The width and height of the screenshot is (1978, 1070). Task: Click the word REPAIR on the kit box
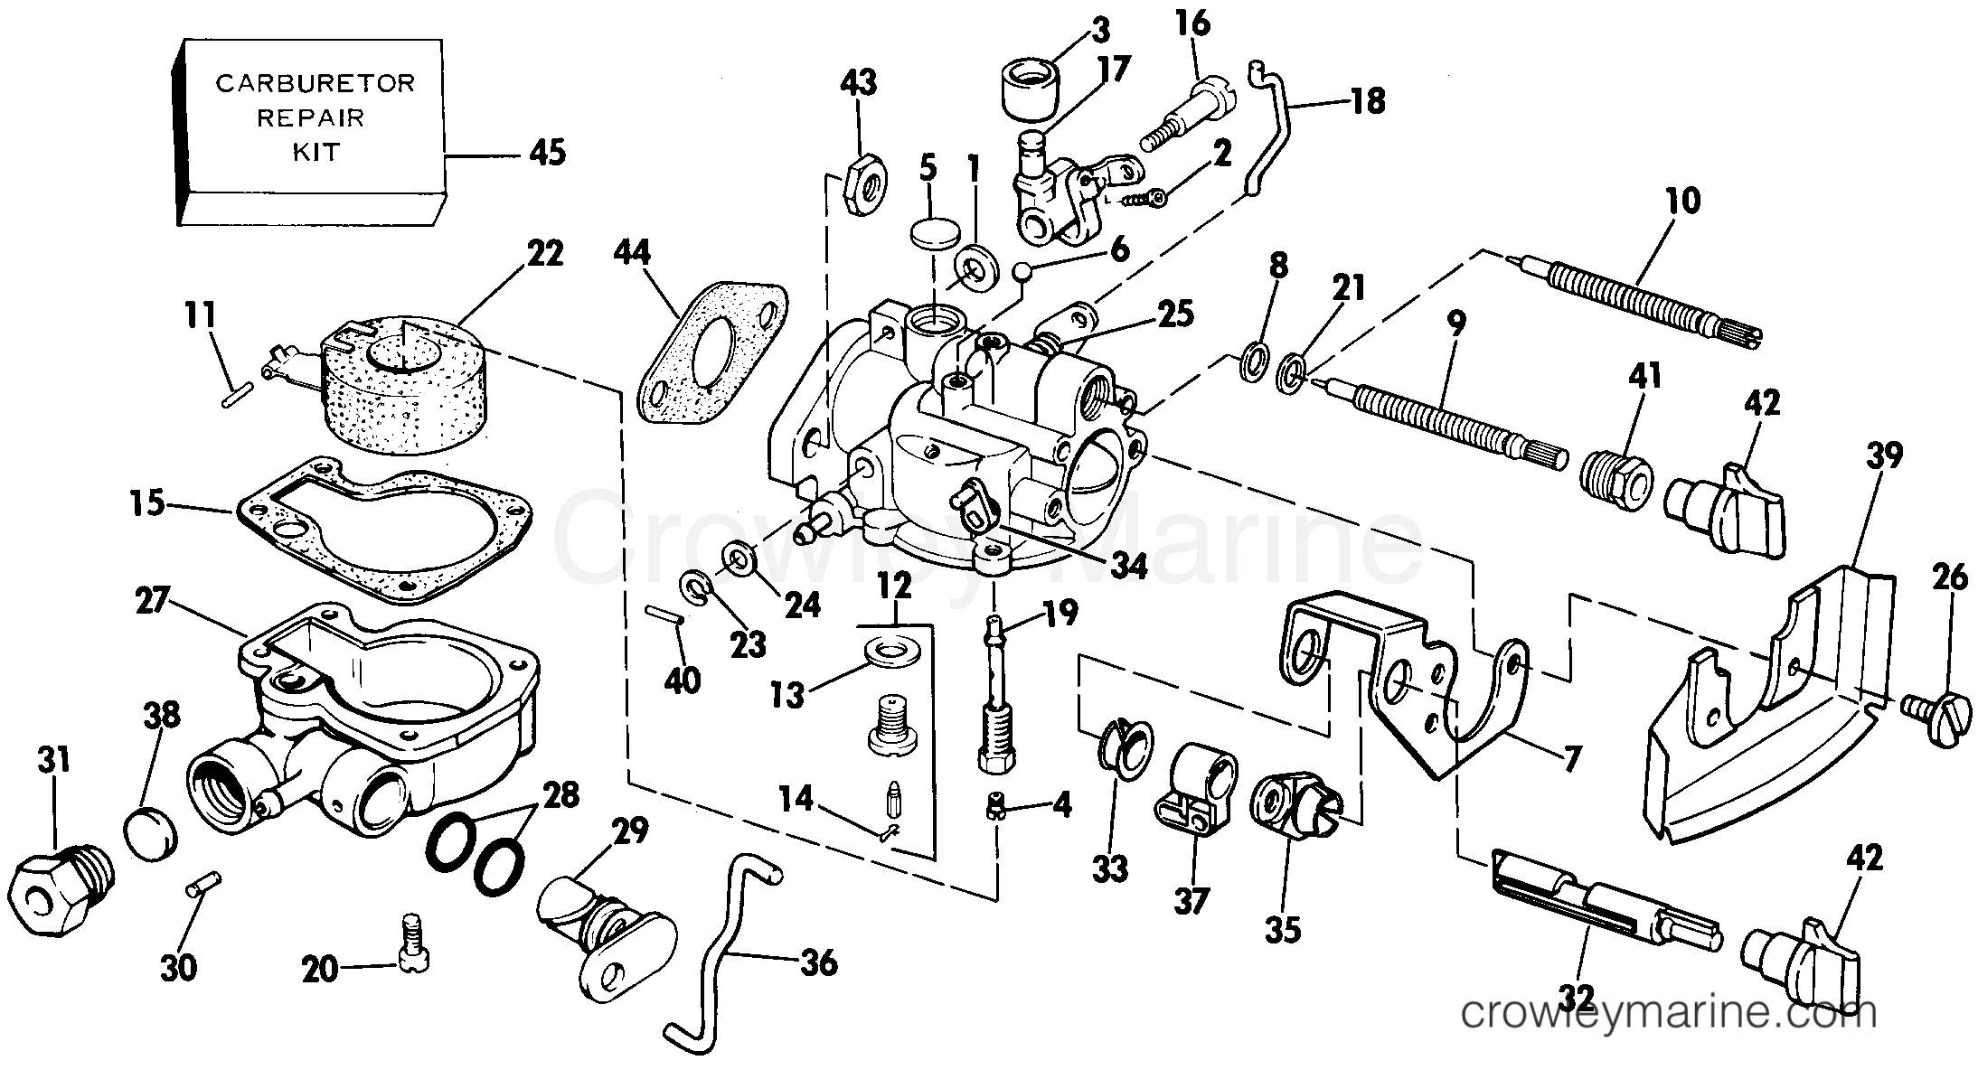pyautogui.click(x=310, y=117)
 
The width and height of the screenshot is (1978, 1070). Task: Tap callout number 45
pyautogui.click(x=548, y=152)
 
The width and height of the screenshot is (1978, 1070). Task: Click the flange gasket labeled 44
pyautogui.click(x=711, y=355)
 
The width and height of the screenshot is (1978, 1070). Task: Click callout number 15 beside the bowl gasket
pyautogui.click(x=147, y=502)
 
